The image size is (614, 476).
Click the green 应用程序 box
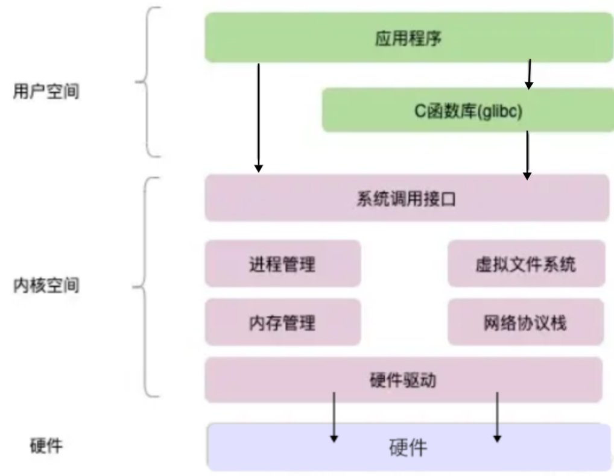click(x=409, y=37)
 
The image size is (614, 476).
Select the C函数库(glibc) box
click(x=468, y=110)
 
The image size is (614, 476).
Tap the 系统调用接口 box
click(x=407, y=198)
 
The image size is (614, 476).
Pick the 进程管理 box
click(x=283, y=264)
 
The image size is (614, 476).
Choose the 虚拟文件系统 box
click(x=527, y=264)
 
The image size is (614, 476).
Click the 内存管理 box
click(x=283, y=322)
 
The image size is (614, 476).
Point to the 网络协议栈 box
click(x=525, y=322)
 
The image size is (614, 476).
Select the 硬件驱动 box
click(x=404, y=380)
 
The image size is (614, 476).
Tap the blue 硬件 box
click(x=409, y=447)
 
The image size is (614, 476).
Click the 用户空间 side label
click(x=46, y=91)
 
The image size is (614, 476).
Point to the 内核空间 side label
click(x=46, y=285)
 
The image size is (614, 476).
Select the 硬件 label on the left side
click(x=46, y=445)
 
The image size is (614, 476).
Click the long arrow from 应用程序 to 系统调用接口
click(x=258, y=117)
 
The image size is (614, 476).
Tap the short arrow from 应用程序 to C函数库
click(x=529, y=74)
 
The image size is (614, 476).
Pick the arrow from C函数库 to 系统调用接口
click(x=528, y=155)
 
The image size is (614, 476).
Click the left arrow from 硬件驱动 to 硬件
click(x=334, y=418)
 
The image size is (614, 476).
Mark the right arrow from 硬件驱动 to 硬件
click(x=498, y=418)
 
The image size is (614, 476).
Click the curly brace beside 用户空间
click(x=147, y=82)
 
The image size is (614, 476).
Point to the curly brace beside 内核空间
click(x=144, y=287)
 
